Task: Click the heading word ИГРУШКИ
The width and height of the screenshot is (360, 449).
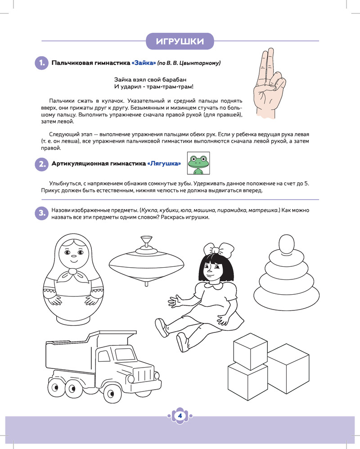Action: click(180, 41)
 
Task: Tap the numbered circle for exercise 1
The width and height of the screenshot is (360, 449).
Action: click(42, 63)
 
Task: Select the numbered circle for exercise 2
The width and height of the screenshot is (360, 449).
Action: click(42, 164)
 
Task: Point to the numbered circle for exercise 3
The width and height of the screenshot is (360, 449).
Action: click(42, 213)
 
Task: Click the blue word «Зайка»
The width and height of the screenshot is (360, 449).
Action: click(144, 63)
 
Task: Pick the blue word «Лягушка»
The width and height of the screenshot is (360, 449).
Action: click(164, 164)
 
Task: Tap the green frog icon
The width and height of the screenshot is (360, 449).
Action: click(198, 163)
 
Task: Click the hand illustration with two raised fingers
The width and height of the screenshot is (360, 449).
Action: click(268, 83)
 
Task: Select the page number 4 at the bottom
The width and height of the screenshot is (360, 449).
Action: click(180, 416)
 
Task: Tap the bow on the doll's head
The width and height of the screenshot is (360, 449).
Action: click(219, 249)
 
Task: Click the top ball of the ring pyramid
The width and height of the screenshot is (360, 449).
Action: click(286, 244)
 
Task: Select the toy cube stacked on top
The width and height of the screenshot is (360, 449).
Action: click(251, 351)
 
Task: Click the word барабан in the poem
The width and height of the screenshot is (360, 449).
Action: click(175, 80)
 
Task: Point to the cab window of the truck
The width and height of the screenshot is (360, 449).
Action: click(104, 356)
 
